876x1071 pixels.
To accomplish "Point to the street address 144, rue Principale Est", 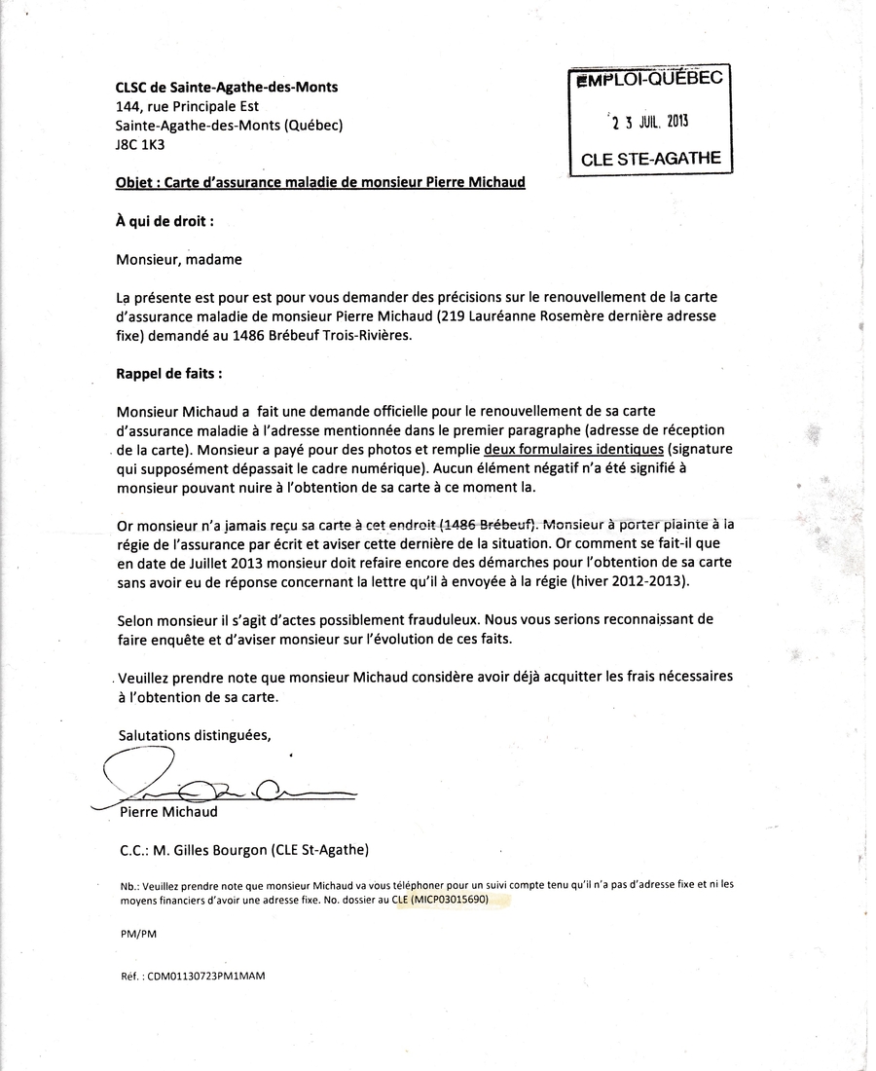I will click(x=187, y=106).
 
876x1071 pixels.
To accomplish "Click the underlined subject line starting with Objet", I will click(x=320, y=182).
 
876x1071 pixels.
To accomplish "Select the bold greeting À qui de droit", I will click(x=164, y=221).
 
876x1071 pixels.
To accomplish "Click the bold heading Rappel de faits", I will click(x=168, y=372).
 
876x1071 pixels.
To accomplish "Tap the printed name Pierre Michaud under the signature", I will click(x=168, y=811).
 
